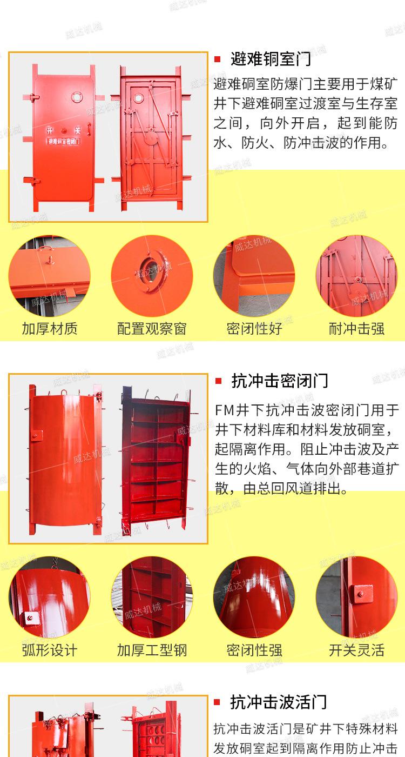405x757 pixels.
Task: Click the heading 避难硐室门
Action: [271, 58]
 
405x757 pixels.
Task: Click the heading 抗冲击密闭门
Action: [279, 381]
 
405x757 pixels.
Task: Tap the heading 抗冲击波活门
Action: [279, 702]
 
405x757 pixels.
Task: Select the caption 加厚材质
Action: [50, 328]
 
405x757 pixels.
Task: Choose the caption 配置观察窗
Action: [152, 328]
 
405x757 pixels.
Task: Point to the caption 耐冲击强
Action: [356, 328]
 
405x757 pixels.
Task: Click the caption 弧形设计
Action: [50, 650]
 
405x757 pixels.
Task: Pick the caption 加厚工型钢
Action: [152, 650]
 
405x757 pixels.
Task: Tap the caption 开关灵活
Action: [356, 650]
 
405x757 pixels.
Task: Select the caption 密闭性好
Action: [254, 328]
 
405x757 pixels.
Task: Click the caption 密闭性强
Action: [254, 650]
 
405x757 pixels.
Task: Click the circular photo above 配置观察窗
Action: [152, 276]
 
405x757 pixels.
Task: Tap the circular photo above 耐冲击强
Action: [356, 276]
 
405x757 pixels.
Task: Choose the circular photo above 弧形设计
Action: [50, 597]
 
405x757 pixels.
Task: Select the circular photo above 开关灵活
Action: [356, 597]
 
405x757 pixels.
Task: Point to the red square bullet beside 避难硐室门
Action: [218, 59]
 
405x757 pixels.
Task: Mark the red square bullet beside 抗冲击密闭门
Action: [218, 381]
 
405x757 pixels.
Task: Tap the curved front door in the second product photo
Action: [65, 460]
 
